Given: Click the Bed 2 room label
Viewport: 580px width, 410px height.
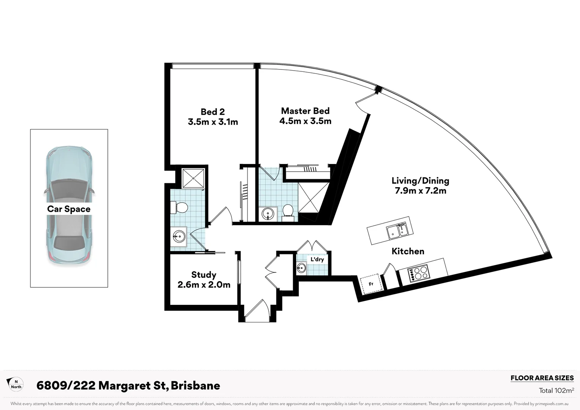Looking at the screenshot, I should pyautogui.click(x=213, y=112).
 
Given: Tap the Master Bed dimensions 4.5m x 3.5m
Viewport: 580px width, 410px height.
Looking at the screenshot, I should pyautogui.click(x=305, y=121).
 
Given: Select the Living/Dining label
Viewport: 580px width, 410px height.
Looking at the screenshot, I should pyautogui.click(x=420, y=181).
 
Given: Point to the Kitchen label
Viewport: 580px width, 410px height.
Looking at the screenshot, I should pyautogui.click(x=408, y=251).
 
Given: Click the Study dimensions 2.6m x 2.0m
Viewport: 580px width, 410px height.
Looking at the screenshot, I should pyautogui.click(x=204, y=285).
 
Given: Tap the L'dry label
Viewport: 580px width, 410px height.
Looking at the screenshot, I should pyautogui.click(x=317, y=259).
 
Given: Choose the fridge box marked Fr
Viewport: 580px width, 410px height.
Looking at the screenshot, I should pyautogui.click(x=371, y=284).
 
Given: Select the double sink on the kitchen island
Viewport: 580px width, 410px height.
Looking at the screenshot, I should pyautogui.click(x=397, y=230).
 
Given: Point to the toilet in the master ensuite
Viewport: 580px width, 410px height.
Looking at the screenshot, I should pyautogui.click(x=288, y=212).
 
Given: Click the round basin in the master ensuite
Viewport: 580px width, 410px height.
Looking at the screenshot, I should pyautogui.click(x=268, y=214).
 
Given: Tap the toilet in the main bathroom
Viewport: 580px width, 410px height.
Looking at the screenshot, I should pyautogui.click(x=180, y=208).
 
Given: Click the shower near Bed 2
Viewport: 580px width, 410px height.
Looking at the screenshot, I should pyautogui.click(x=194, y=178).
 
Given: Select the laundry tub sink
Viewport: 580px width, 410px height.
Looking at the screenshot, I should pyautogui.click(x=301, y=268).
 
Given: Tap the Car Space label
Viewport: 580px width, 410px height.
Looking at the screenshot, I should pyautogui.click(x=69, y=209).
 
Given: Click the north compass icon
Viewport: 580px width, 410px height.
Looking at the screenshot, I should pyautogui.click(x=16, y=384).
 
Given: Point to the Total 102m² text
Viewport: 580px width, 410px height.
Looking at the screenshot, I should pyautogui.click(x=556, y=390).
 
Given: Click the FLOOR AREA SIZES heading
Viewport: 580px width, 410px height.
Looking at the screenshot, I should pyautogui.click(x=542, y=378).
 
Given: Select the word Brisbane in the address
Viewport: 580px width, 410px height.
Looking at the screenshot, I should pyautogui.click(x=195, y=386).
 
